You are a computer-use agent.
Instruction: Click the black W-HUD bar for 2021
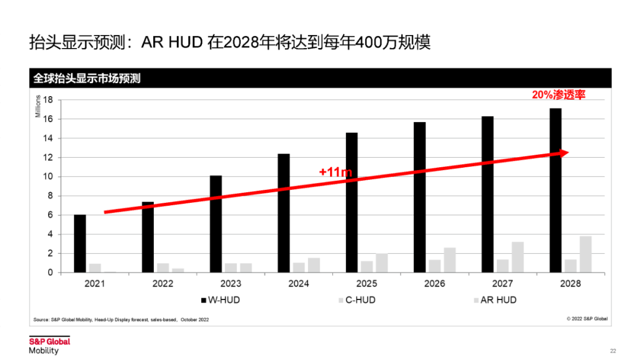coord(80,243)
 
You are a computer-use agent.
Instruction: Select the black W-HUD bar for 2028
coord(556,190)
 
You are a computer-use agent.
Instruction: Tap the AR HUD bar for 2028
coord(585,254)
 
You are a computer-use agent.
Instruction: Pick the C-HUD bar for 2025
coord(367,266)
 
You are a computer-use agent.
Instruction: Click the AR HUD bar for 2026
coord(449,260)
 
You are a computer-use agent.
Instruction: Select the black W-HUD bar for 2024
coord(284,213)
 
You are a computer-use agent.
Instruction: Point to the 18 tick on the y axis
coord(49,100)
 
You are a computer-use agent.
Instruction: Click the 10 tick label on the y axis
coord(49,177)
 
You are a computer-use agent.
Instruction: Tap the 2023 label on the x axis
coord(231,284)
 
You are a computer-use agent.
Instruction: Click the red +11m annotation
coord(335,172)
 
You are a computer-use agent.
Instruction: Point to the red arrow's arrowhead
coord(564,152)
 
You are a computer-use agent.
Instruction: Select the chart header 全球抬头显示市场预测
coord(87,78)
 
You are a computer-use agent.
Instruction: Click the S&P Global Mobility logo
coord(49,345)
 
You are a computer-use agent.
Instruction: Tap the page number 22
coord(613,351)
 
